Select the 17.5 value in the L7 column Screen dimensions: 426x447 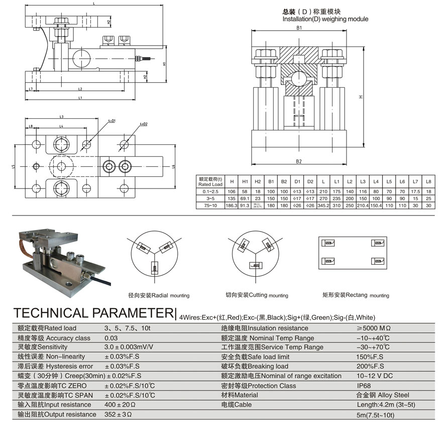click(415, 191)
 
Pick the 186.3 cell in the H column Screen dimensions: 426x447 click(232, 205)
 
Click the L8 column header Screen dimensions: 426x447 click(428, 181)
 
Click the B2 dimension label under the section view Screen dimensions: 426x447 click(299, 161)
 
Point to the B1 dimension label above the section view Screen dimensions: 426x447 click(299, 29)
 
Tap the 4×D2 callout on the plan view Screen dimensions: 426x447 click(144, 123)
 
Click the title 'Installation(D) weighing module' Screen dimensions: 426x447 click(325, 19)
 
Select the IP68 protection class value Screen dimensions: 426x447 click(363, 386)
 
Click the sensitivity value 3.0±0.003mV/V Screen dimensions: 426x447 click(129, 347)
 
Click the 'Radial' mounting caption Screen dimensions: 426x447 click(159, 296)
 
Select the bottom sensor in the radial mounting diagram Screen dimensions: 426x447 click(152, 269)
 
